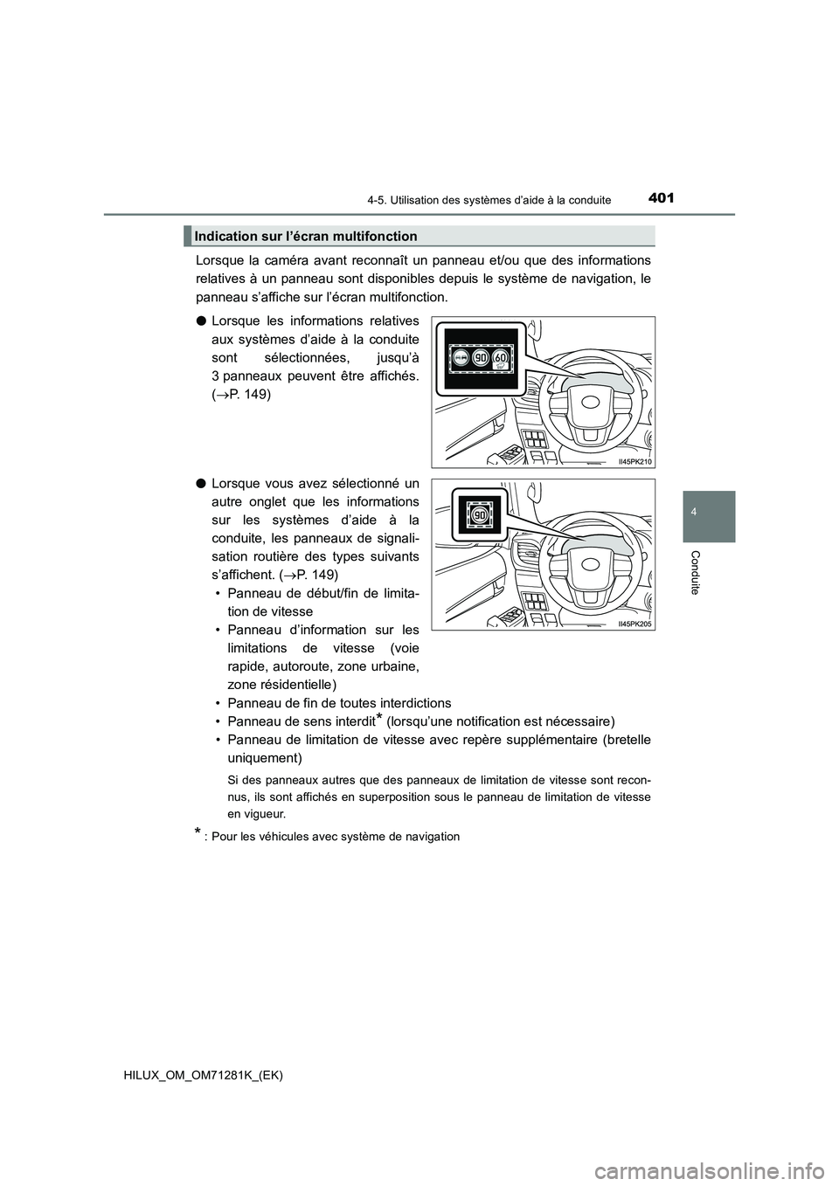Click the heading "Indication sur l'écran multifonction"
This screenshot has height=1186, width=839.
pyautogui.click(x=307, y=236)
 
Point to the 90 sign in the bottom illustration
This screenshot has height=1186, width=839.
pyautogui.click(x=478, y=516)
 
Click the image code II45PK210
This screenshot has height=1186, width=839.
pyautogui.click(x=635, y=461)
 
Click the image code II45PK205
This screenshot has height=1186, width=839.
pyautogui.click(x=635, y=623)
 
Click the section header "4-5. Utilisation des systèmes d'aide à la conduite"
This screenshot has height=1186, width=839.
pyautogui.click(x=489, y=200)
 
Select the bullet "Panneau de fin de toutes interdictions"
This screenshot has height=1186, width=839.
pyautogui.click(x=339, y=703)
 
